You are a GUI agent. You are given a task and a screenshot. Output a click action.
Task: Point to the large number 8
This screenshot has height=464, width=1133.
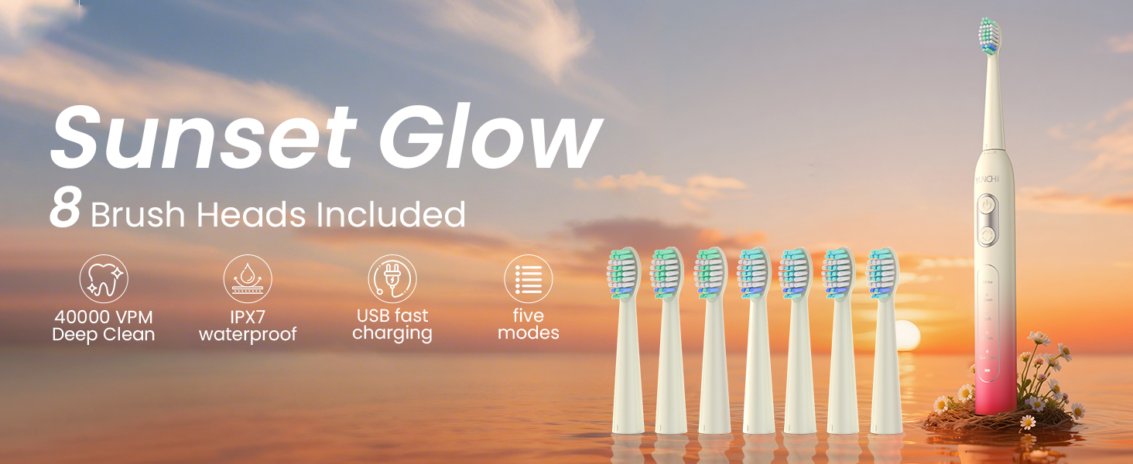65,209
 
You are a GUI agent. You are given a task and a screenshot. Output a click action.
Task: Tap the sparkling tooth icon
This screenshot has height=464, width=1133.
103,278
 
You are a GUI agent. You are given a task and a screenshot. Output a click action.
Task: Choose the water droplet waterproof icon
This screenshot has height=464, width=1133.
248,278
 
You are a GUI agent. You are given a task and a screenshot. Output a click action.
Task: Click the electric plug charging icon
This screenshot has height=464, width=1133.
392,278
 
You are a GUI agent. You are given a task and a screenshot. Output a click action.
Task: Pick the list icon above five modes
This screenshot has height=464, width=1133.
529,278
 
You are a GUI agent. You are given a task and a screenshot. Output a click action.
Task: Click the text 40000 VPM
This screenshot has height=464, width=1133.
103,316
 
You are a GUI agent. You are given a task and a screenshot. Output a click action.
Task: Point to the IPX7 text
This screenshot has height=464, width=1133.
248,316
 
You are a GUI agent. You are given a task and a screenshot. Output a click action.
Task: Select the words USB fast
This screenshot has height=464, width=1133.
392,316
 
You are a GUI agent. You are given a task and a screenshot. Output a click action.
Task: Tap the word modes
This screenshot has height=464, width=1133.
529,334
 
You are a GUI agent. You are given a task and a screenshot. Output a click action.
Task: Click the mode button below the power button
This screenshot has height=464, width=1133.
987,234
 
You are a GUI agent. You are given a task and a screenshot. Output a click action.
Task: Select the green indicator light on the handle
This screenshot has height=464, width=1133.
987,371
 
